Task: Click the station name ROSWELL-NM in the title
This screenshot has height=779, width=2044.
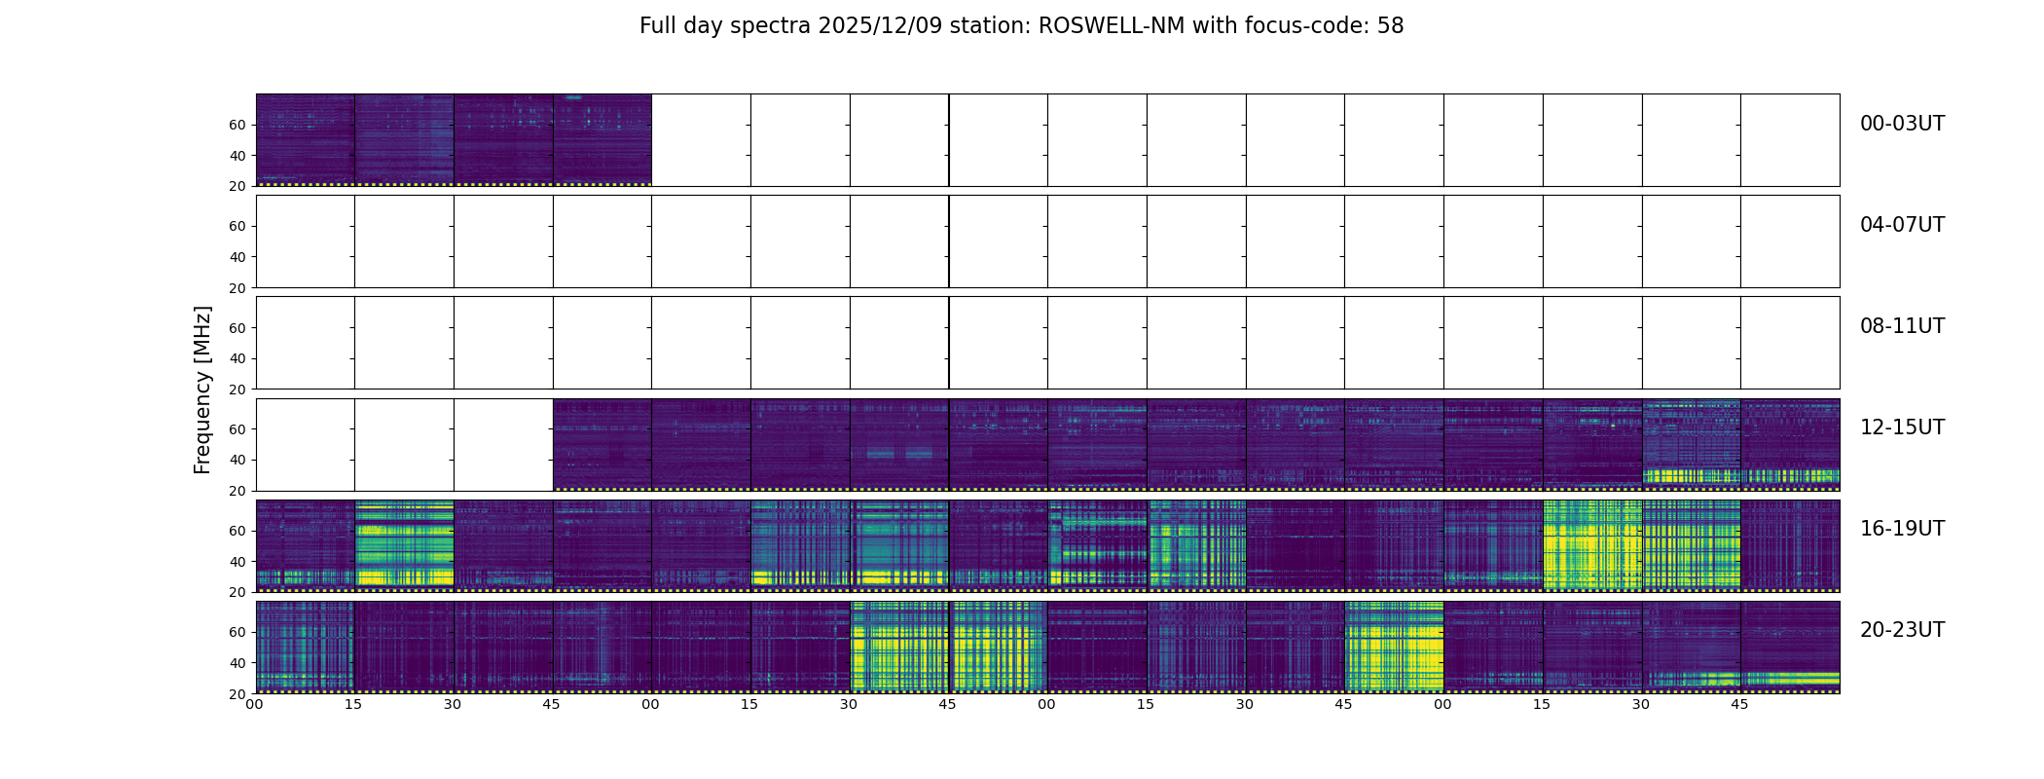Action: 1112,26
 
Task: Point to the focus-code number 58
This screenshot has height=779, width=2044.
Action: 1390,26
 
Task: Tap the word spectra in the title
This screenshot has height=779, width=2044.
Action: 769,26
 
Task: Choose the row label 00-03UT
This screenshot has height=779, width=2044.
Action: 1902,124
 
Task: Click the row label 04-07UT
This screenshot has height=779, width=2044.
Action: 1902,225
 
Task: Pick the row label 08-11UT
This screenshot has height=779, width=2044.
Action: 1902,326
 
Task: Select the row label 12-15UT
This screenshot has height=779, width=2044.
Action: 1902,427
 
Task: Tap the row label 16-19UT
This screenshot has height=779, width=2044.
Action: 1902,529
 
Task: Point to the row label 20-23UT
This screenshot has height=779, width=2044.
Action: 1902,630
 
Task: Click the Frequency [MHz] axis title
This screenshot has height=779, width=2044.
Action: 202,389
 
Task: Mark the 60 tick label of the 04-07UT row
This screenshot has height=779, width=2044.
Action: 237,226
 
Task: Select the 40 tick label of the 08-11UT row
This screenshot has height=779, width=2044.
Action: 237,358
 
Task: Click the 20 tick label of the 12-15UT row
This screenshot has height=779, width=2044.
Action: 237,491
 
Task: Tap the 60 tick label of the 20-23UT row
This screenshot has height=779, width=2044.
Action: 237,632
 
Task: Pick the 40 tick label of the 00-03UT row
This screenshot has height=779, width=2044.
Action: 237,156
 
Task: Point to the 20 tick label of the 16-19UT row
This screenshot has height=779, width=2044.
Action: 237,592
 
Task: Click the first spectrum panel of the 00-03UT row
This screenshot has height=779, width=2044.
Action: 305,139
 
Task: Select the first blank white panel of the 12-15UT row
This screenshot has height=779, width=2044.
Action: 305,444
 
